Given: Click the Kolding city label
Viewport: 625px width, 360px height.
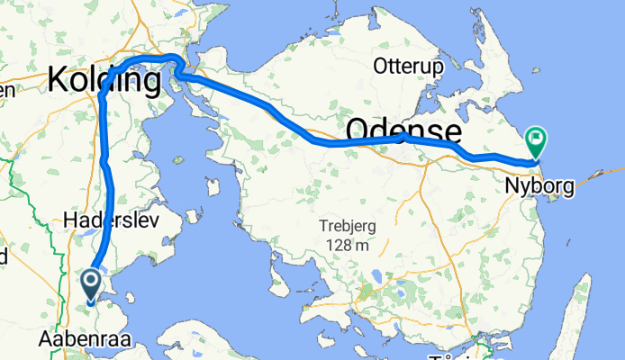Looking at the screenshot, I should coord(104,80).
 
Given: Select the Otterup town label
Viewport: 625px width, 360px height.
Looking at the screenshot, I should coord(406,66).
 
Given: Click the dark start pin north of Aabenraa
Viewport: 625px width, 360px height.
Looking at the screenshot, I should coord(92,284).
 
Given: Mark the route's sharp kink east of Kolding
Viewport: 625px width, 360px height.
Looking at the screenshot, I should coord(177,70).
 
